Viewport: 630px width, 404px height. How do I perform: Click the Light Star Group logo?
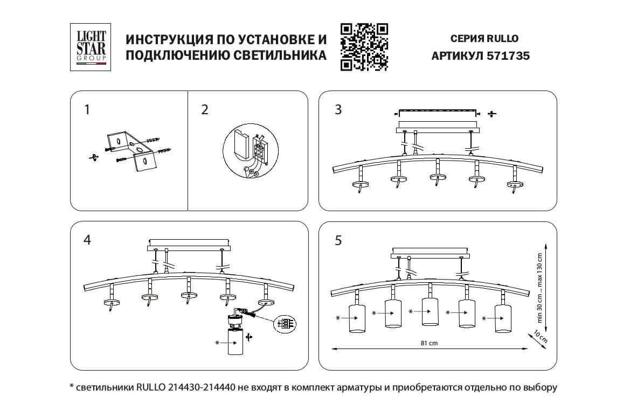(x=89, y=47)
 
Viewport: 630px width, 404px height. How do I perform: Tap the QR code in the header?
(x=364, y=47)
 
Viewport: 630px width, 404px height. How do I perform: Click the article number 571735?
(x=508, y=55)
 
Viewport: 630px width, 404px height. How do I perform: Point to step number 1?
(x=87, y=110)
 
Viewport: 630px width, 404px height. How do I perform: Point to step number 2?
(x=204, y=110)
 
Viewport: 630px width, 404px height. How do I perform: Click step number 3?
(x=338, y=110)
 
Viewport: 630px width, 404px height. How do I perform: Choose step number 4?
(x=87, y=240)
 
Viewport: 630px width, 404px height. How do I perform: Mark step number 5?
(x=338, y=240)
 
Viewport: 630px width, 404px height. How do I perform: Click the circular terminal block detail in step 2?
(x=249, y=152)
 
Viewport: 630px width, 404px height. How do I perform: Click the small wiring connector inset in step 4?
(x=285, y=324)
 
